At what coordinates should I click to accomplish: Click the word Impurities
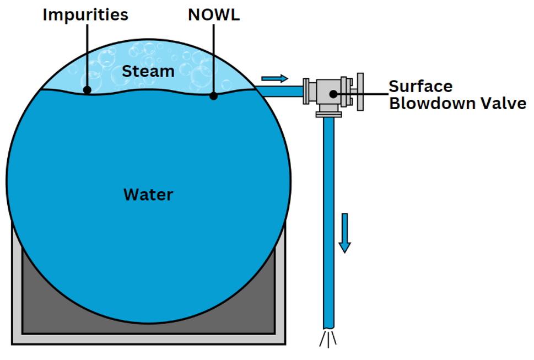click(x=85, y=14)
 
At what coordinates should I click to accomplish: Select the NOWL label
click(x=214, y=14)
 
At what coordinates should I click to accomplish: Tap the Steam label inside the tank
click(x=148, y=71)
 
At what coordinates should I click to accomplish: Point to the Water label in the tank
click(x=148, y=195)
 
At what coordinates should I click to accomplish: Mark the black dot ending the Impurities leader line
click(x=87, y=89)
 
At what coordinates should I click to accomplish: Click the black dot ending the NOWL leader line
click(x=213, y=95)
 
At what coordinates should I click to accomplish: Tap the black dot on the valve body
click(x=333, y=94)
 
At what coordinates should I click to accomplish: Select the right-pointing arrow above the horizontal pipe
click(x=275, y=78)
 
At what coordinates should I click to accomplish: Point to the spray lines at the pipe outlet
click(x=328, y=339)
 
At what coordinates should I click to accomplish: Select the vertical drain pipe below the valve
click(x=328, y=221)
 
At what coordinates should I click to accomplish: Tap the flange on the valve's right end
click(x=360, y=92)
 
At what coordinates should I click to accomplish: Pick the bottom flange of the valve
click(x=328, y=114)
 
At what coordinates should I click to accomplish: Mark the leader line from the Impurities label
click(x=87, y=55)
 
